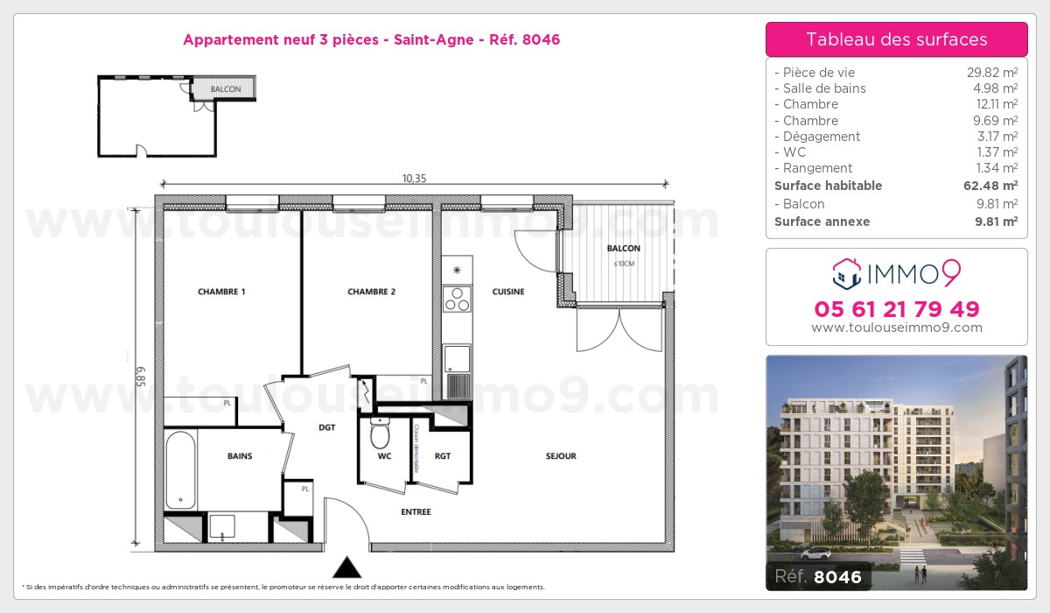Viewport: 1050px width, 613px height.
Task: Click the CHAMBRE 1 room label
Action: coord(221,292)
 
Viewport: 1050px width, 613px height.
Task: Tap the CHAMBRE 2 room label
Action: coord(371,292)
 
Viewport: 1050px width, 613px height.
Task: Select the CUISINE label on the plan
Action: coord(508,292)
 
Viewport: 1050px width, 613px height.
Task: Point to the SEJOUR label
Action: coord(561,455)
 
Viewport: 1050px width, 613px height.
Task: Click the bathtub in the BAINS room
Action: coord(180,469)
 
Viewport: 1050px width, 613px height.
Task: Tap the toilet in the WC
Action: coord(380,433)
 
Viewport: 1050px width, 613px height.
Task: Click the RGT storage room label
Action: coord(443,455)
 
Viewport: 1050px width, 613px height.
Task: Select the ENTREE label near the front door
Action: coord(416,512)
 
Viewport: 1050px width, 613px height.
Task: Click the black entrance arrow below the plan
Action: coord(347,567)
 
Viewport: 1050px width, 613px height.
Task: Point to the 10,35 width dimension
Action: coord(414,179)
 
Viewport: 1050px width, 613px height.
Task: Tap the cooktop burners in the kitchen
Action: coord(456,299)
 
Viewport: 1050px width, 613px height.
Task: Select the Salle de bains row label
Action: coord(824,88)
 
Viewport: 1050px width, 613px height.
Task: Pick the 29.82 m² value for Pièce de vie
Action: coord(991,73)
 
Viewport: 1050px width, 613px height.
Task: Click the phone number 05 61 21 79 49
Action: coord(897,309)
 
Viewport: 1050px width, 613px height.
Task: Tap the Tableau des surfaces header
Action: coord(897,39)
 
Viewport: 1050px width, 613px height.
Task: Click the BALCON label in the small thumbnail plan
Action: coord(226,89)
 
